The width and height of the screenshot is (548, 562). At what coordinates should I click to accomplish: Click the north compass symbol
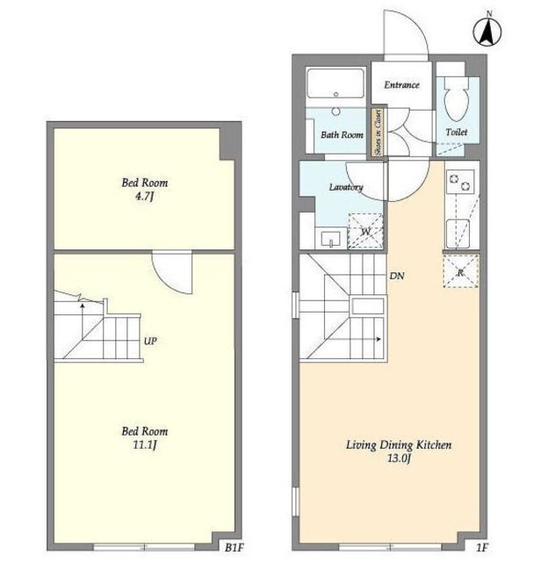tap(487, 31)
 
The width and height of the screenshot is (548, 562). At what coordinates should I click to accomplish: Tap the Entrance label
tap(401, 85)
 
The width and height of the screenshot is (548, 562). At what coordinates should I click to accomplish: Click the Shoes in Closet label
tap(378, 132)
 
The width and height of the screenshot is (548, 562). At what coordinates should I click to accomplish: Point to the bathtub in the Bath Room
tap(335, 83)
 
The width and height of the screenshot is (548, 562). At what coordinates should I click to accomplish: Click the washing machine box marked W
tap(365, 231)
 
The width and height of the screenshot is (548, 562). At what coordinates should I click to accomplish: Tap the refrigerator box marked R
tap(461, 271)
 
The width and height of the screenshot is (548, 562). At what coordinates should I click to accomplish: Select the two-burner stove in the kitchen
tap(460, 182)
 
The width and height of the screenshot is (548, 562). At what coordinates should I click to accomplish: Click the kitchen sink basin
tap(458, 233)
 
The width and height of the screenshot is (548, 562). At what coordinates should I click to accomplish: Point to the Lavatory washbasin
tap(331, 239)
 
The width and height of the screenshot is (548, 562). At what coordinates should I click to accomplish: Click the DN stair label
tap(397, 276)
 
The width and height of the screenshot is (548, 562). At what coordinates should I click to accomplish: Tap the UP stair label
tap(150, 341)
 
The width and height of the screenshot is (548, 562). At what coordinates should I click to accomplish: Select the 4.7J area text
tap(144, 197)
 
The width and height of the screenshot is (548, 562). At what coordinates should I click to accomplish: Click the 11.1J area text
tap(145, 445)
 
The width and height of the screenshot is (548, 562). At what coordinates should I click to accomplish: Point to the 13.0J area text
tap(398, 458)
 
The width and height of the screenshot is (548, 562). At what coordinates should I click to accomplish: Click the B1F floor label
tap(234, 548)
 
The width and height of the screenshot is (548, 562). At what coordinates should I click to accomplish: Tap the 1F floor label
tap(482, 548)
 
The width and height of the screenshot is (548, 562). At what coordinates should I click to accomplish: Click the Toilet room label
tap(457, 133)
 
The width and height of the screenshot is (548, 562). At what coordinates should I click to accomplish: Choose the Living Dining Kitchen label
tap(399, 445)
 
